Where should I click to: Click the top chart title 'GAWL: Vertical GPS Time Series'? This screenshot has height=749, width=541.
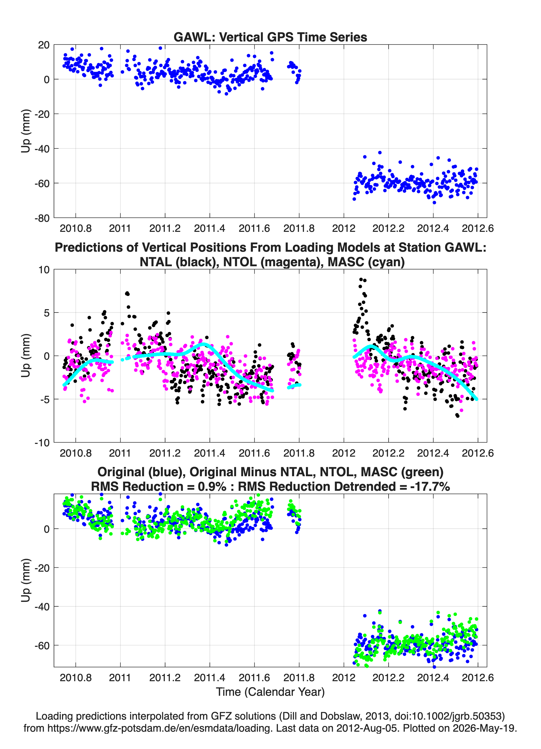click(270, 37)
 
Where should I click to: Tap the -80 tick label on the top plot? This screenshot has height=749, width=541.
click(42, 218)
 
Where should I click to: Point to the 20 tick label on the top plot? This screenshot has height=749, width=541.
click(44, 45)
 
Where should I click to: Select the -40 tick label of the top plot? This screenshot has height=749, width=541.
click(42, 149)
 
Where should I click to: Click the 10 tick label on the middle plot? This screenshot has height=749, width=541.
click(44, 270)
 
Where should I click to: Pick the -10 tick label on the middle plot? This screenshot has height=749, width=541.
click(42, 443)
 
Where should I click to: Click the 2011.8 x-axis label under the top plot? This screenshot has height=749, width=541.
click(299, 228)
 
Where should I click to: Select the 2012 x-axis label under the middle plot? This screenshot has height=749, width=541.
click(344, 453)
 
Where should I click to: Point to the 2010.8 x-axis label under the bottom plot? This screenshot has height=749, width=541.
click(76, 678)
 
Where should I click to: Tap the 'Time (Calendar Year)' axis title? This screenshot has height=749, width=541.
click(270, 692)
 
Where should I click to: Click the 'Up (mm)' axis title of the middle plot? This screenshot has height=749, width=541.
click(26, 356)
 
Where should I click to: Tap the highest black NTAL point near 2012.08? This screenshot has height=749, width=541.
click(361, 279)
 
